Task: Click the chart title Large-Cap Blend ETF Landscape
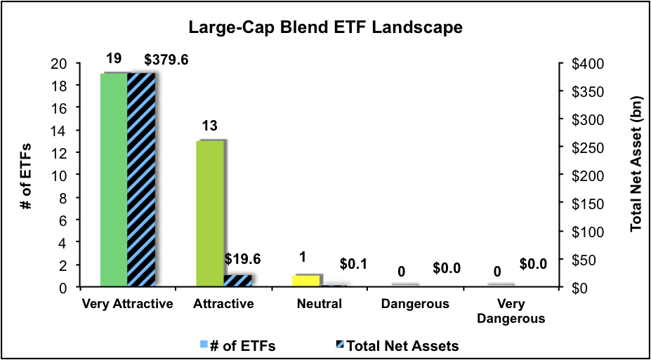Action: pyautogui.click(x=325, y=28)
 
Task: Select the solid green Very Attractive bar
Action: pyautogui.click(x=113, y=180)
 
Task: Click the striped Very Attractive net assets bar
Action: pyautogui.click(x=141, y=180)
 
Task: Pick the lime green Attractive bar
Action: pyautogui.click(x=210, y=213)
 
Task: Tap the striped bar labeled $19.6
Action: pyautogui.click(x=237, y=281)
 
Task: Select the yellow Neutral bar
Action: pyautogui.click(x=305, y=281)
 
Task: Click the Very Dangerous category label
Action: pyautogui.click(x=518, y=311)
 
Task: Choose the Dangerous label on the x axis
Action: pyautogui.click(x=415, y=304)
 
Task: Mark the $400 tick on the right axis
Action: pyautogui.click(x=581, y=64)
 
